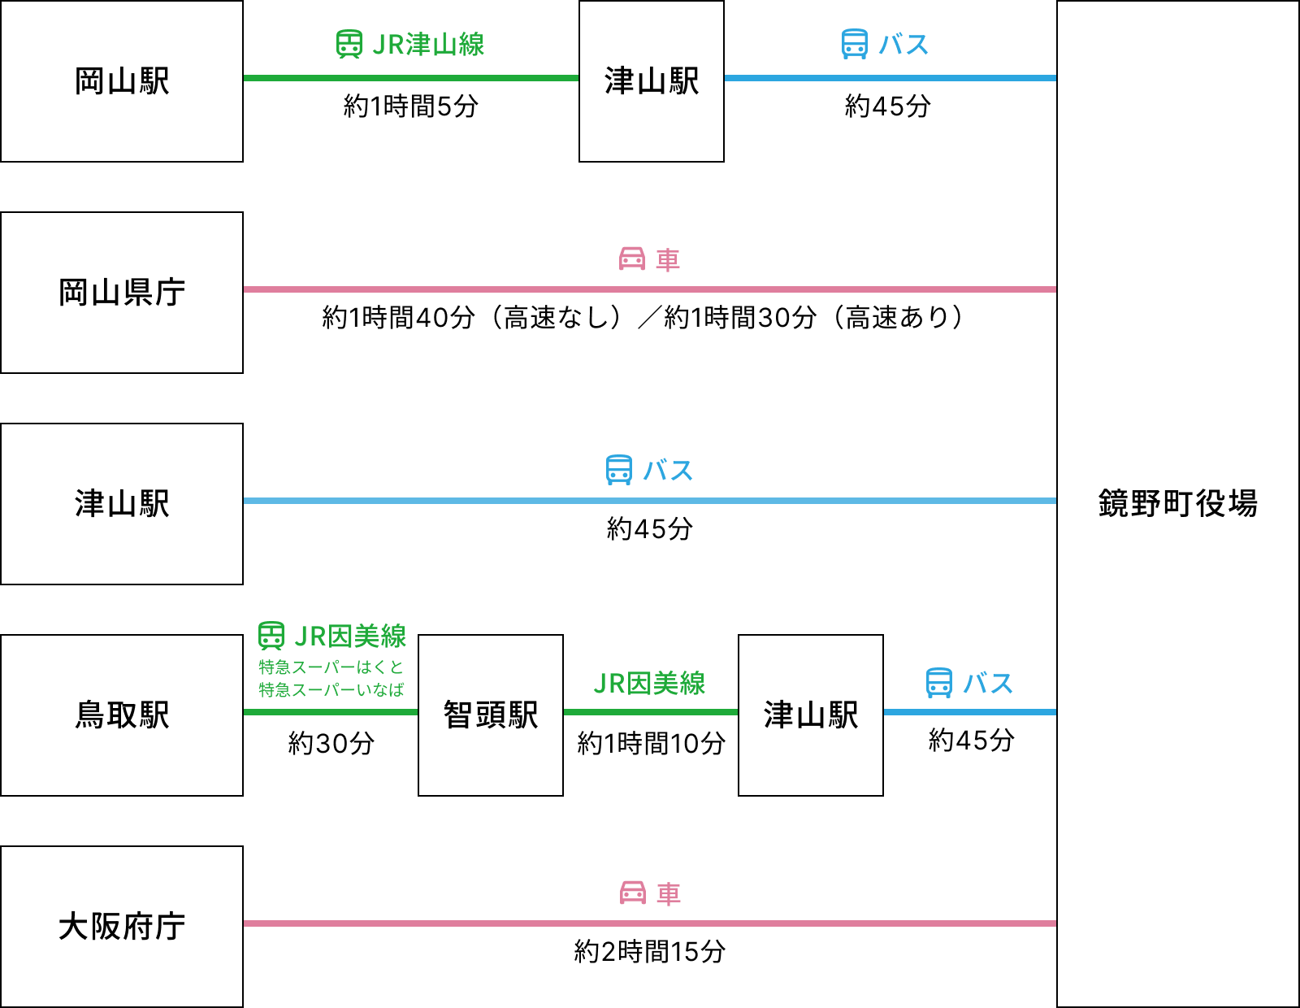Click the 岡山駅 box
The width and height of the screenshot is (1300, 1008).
pyautogui.click(x=122, y=81)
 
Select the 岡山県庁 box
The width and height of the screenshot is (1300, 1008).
pyautogui.click(x=122, y=293)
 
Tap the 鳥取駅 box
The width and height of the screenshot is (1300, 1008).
pyautogui.click(x=122, y=715)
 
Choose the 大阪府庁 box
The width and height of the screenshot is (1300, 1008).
pyautogui.click(x=122, y=927)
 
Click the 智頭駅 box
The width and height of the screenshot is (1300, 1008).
pyautogui.click(x=491, y=715)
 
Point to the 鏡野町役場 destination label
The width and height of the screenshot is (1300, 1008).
pyautogui.click(x=1177, y=504)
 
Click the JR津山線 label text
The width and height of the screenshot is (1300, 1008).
pyautogui.click(x=428, y=45)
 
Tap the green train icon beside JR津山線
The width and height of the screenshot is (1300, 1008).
pyautogui.click(x=349, y=45)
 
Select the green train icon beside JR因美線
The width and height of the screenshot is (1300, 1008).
pyautogui.click(x=271, y=636)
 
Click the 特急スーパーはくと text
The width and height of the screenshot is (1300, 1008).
pyautogui.click(x=331, y=667)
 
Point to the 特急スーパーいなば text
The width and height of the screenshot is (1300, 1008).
pyautogui.click(x=331, y=690)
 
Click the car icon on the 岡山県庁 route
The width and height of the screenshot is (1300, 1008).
pyautogui.click(x=632, y=259)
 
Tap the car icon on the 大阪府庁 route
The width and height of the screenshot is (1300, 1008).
pyautogui.click(x=633, y=893)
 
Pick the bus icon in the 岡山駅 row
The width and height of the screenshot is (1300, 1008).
pyautogui.click(x=855, y=45)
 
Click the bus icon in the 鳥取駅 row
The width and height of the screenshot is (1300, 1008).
pyautogui.click(x=939, y=683)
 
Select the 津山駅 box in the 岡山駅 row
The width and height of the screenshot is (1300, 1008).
pyautogui.click(x=652, y=81)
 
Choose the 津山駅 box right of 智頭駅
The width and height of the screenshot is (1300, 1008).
pyautogui.click(x=811, y=715)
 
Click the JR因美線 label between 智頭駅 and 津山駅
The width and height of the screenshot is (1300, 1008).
pyautogui.click(x=649, y=684)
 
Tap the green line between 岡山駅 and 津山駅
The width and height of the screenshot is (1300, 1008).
pyautogui.click(x=411, y=78)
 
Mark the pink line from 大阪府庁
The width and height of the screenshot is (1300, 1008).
pyautogui.click(x=650, y=923)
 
